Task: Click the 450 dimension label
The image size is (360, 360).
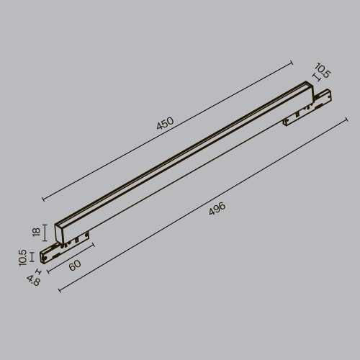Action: click(x=165, y=125)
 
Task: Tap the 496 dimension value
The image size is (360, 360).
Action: click(x=217, y=209)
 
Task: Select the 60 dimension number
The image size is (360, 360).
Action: click(x=76, y=264)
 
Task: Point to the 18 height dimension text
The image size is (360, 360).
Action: click(x=36, y=232)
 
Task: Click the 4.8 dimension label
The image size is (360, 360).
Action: click(x=33, y=280)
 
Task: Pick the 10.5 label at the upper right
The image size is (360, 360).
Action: click(x=323, y=71)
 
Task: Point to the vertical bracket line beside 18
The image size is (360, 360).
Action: click(x=46, y=233)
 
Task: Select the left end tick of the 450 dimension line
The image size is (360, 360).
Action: click(x=42, y=199)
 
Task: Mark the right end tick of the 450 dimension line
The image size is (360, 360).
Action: click(x=294, y=63)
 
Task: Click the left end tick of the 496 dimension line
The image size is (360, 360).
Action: click(x=59, y=291)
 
